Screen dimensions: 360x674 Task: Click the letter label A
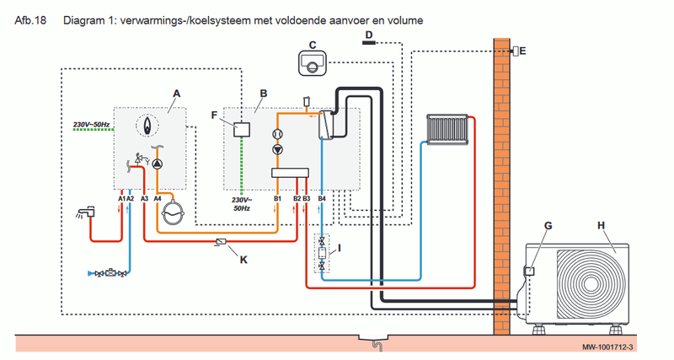pos(177,91)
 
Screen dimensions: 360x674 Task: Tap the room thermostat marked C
pos(312,63)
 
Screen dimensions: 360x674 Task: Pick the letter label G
pos(548,226)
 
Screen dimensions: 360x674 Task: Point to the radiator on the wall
pos(447,129)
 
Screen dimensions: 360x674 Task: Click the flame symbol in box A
pos(150,126)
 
